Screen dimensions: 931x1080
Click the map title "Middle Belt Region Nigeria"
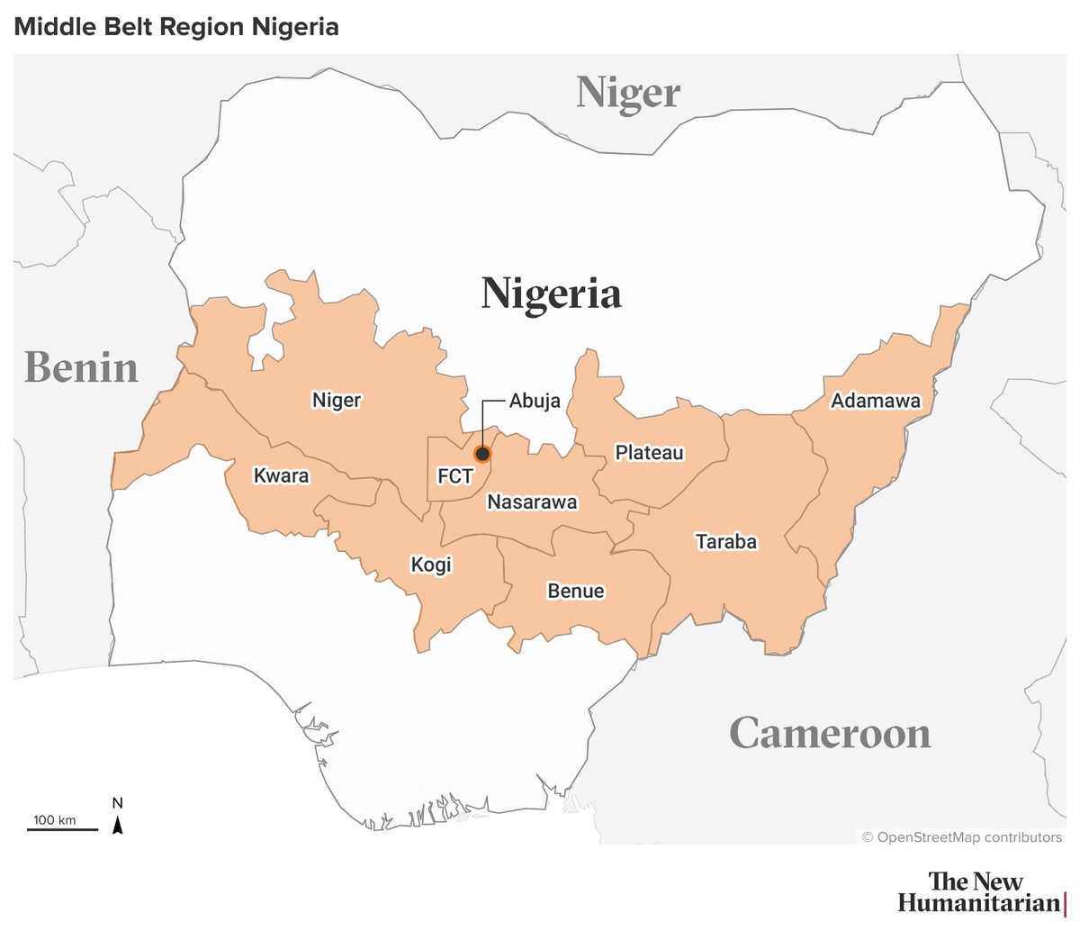[176, 27]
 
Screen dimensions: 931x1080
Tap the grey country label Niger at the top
[628, 93]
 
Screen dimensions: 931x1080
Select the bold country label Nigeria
[551, 294]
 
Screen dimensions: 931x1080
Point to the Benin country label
[82, 367]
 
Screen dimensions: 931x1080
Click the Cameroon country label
[830, 733]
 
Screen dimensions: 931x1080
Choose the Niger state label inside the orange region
[337, 400]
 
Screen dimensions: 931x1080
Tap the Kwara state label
[281, 475]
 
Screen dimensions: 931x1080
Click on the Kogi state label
[431, 565]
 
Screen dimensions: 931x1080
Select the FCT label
[454, 475]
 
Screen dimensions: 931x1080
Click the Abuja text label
[535, 401]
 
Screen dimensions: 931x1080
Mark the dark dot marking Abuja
[482, 454]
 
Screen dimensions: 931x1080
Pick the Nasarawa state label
[532, 502]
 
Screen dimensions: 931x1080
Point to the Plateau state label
[650, 452]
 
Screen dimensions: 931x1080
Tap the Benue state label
[576, 591]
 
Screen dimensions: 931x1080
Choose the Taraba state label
[726, 541]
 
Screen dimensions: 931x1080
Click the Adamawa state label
[876, 401]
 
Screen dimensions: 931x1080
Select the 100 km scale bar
[61, 827]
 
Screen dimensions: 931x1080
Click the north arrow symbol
[118, 821]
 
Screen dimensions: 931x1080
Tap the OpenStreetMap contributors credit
[961, 837]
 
